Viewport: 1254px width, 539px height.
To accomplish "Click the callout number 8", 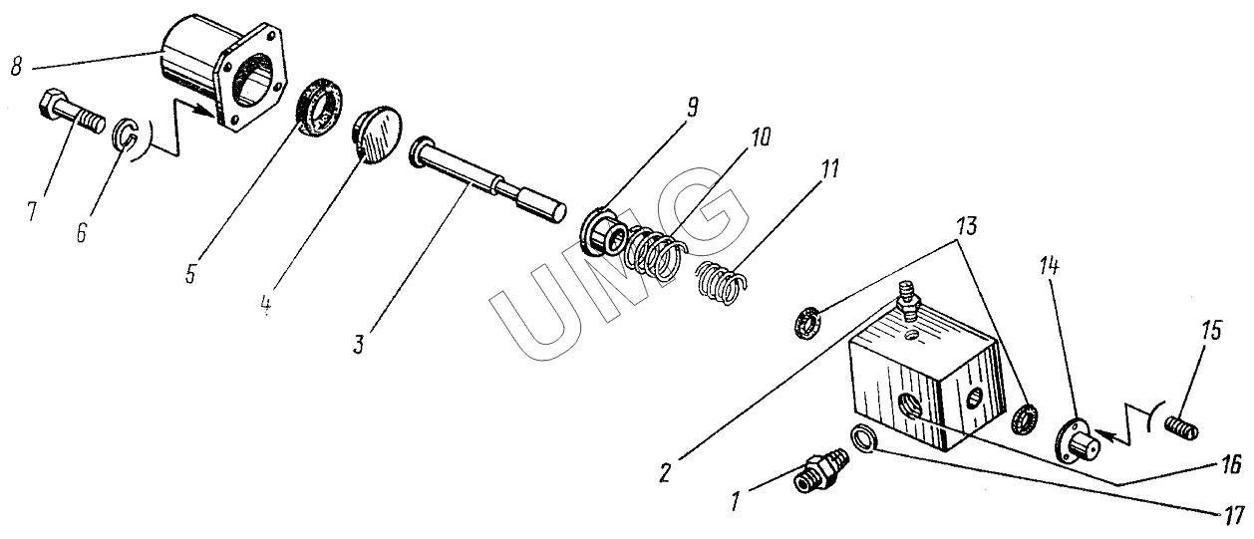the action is pos(16,68).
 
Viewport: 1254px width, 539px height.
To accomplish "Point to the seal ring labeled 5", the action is pos(320,107).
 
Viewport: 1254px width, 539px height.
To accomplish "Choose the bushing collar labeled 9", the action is pos(603,233).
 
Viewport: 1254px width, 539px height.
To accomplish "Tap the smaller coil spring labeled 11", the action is pos(721,283).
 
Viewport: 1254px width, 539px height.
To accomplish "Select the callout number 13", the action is pos(967,227).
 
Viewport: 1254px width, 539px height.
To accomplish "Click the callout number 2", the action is pos(665,473).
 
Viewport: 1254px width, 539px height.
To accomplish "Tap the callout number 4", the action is pos(265,305).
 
